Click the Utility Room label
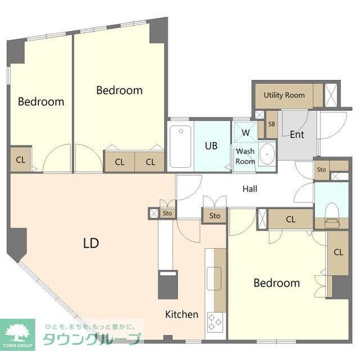[x=284, y=95]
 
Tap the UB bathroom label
[x=211, y=146]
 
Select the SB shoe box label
[x=272, y=124]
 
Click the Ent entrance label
[x=297, y=135]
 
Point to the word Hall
[x=250, y=189]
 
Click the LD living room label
[x=91, y=243]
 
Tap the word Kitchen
[x=182, y=314]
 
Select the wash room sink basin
[x=267, y=154]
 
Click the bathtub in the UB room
[x=181, y=146]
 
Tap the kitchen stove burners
[x=215, y=322]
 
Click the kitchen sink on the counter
[x=214, y=279]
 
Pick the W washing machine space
[x=245, y=132]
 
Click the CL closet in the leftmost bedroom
[x=20, y=159]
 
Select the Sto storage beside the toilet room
[x=322, y=170]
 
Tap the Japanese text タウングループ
[x=92, y=339]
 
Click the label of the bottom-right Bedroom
[x=277, y=283]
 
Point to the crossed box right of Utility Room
[x=331, y=95]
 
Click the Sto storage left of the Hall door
[x=167, y=213]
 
